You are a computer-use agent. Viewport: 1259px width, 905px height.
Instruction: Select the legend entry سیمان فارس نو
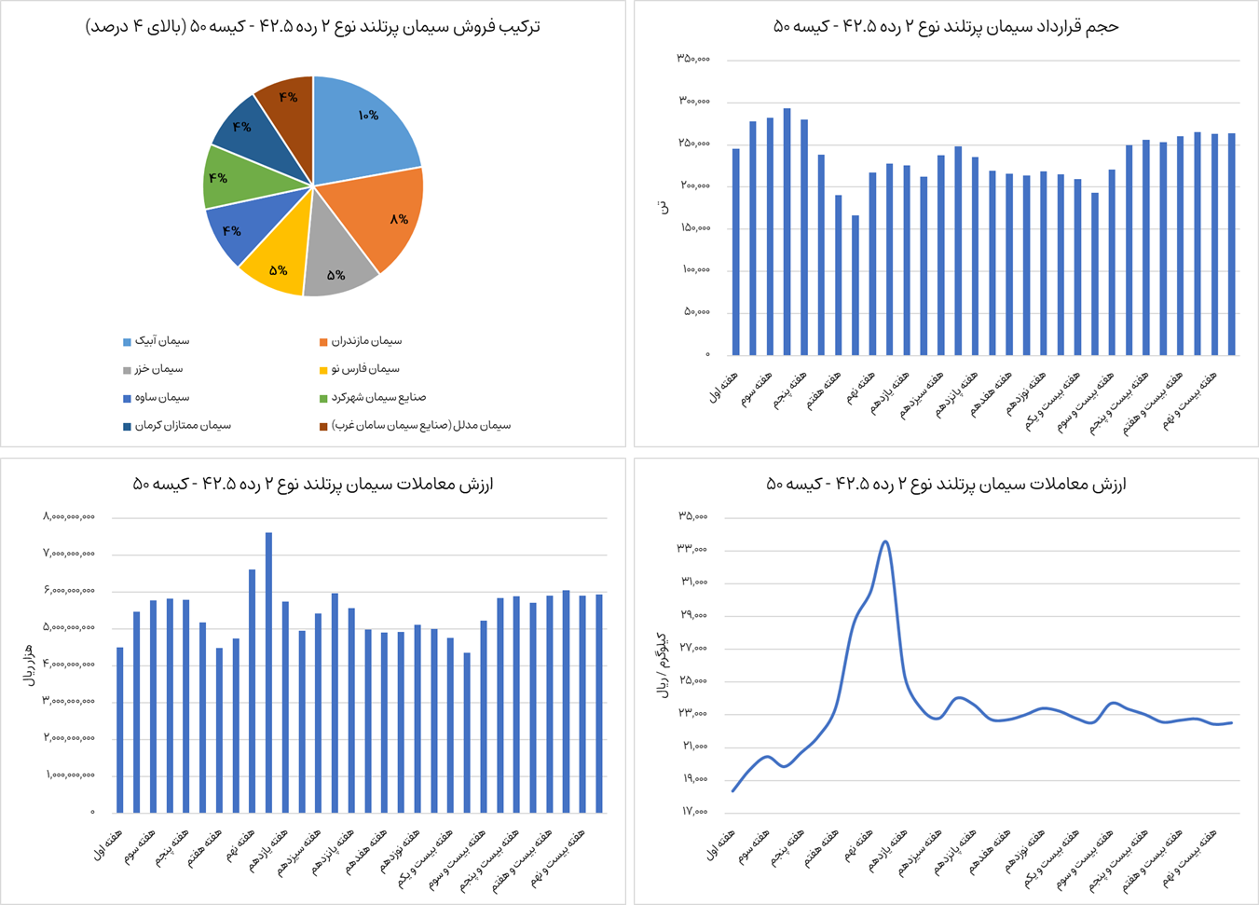pyautogui.click(x=364, y=369)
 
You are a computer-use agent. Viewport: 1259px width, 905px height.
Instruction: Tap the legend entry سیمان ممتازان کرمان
pyautogui.click(x=183, y=426)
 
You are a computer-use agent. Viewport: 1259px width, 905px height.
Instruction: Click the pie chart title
pyautogui.click(x=313, y=27)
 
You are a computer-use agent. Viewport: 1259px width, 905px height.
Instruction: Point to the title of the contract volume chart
pyautogui.click(x=946, y=27)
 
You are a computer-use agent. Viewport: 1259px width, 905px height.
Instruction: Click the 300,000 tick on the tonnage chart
pyautogui.click(x=694, y=101)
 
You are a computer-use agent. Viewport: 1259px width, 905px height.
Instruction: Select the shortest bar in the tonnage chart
pyautogui.click(x=855, y=285)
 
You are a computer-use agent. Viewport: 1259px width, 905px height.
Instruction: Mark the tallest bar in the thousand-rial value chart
pyautogui.click(x=268, y=671)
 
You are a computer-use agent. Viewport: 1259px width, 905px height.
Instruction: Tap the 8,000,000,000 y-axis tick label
pyautogui.click(x=69, y=517)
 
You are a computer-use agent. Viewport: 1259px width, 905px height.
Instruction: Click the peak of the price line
pyautogui.click(x=884, y=542)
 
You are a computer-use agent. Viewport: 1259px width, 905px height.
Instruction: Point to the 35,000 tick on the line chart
pyautogui.click(x=692, y=516)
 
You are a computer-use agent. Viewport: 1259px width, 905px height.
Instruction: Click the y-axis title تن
pyautogui.click(x=664, y=207)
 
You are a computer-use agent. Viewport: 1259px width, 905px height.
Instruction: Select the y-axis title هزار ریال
pyautogui.click(x=30, y=665)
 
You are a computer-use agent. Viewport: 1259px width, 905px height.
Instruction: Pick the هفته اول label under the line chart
pyautogui.click(x=720, y=843)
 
